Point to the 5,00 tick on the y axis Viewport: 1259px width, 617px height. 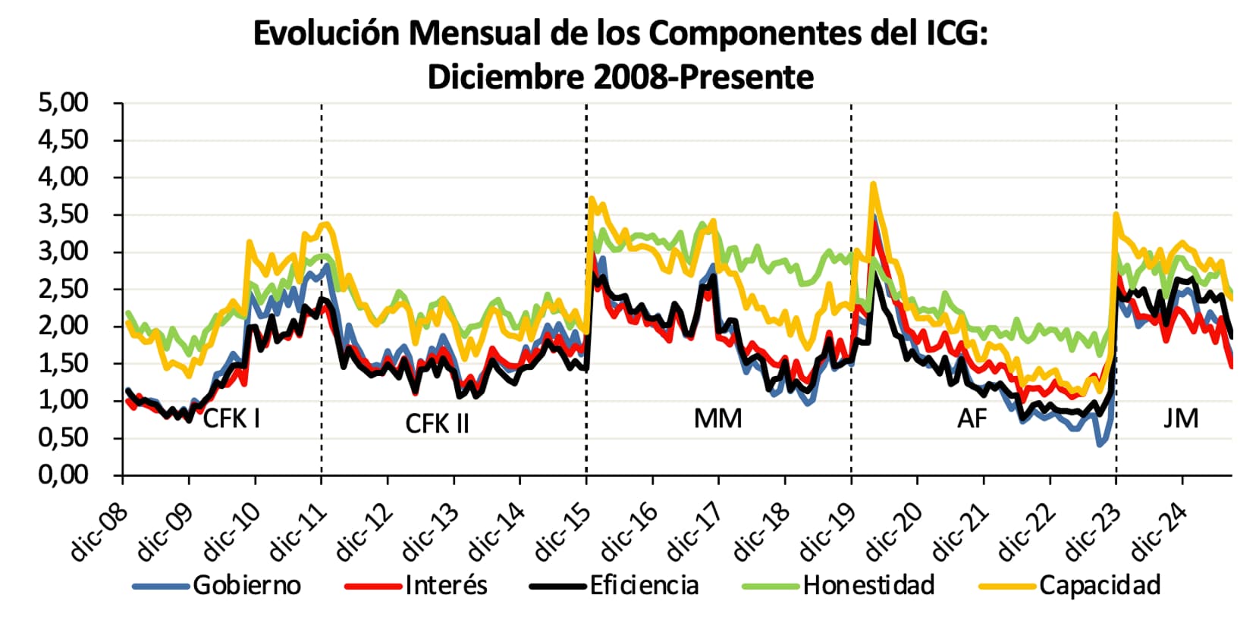click(64, 102)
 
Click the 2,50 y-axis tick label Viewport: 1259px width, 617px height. click(64, 289)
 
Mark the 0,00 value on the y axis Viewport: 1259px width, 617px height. click(64, 474)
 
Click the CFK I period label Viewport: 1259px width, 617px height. click(231, 418)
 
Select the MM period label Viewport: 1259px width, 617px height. click(717, 418)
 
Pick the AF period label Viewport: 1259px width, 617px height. click(972, 418)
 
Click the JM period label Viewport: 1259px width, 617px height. click(1181, 418)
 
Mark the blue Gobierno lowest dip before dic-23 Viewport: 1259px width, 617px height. click(1100, 444)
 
